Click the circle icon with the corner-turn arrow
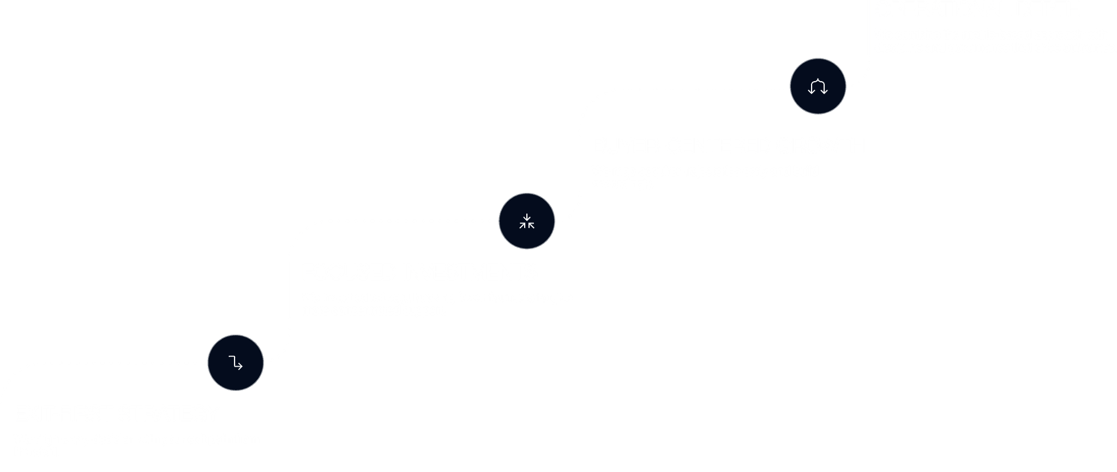coord(236,362)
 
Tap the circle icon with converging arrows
coord(527,221)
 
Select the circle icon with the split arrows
coord(818,86)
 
